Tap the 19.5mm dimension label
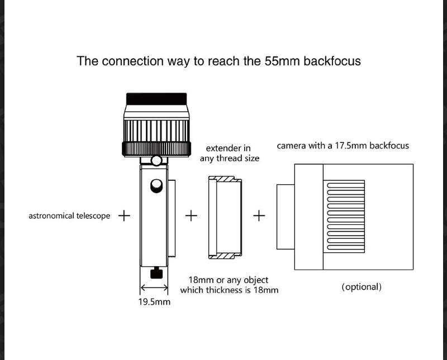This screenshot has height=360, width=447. point(154,302)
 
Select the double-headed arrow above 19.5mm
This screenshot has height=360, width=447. point(154,288)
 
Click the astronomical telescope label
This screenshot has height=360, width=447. point(69,215)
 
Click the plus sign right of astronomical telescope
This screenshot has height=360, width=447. point(125,215)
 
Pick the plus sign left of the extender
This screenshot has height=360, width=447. point(192,215)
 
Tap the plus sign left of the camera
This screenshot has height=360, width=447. point(259,215)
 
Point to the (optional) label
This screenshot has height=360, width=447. point(362,287)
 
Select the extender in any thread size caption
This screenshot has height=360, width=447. point(229,153)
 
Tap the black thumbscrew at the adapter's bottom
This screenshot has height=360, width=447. point(156,273)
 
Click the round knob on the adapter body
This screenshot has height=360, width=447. point(157,184)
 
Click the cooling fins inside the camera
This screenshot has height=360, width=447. point(345,215)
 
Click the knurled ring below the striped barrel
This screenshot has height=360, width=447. point(156,148)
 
